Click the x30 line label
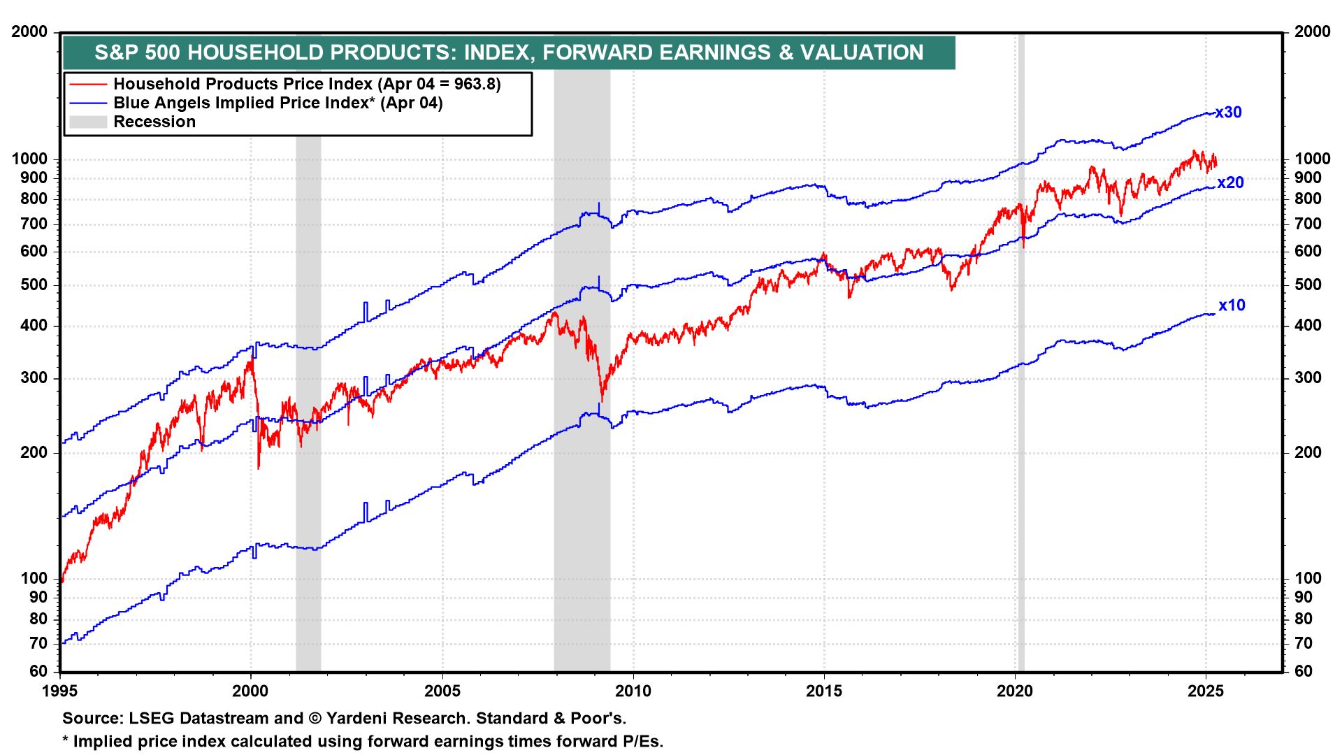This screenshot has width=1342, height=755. coord(1228,113)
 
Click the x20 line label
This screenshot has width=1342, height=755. coord(1230,183)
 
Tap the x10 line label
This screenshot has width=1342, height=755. coord(1232,305)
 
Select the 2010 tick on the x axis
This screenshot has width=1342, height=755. coord(633,691)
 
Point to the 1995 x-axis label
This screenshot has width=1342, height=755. coord(60,691)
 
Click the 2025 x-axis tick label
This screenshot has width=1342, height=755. coord(1206,691)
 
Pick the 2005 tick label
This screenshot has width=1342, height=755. coord(442,691)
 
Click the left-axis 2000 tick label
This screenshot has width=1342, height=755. coord(30,32)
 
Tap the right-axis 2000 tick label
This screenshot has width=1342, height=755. coord(1312,32)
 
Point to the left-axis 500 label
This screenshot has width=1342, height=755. coord(34,285)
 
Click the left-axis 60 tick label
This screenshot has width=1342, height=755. coord(38,672)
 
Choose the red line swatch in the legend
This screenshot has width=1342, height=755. coord(88,85)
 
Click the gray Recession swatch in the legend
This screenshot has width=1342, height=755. coord(88,122)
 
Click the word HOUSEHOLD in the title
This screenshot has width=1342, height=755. coord(256,52)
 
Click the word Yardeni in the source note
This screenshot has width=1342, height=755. coord(363,719)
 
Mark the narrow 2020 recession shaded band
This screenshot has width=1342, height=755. coord(1021,350)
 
